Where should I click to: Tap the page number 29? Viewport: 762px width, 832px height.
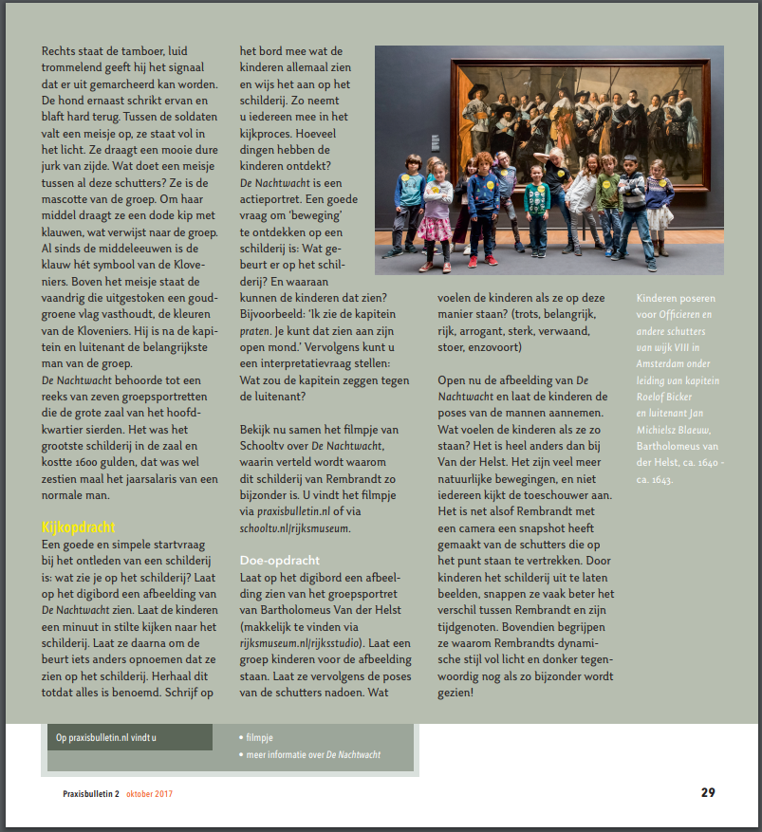(708, 792)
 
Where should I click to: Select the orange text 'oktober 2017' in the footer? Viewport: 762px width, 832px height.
(149, 793)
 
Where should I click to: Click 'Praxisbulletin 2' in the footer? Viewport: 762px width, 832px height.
(85, 793)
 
